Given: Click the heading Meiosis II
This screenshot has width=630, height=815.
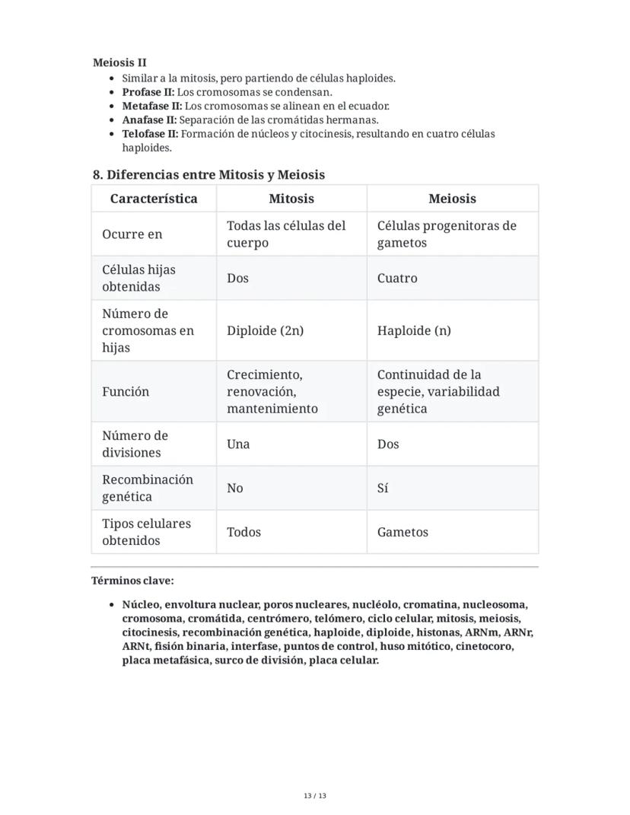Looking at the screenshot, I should click(x=119, y=62).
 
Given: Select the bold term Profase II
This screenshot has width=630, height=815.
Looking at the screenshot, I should click(x=148, y=92).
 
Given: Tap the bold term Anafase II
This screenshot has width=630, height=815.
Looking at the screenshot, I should click(x=149, y=119).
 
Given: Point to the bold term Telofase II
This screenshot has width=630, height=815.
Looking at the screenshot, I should click(x=151, y=133).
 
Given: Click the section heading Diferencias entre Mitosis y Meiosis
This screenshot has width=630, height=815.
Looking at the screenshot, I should click(x=208, y=174).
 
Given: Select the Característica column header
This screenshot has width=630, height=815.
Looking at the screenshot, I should click(x=154, y=199).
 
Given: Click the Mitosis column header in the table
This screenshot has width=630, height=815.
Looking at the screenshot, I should click(x=291, y=199).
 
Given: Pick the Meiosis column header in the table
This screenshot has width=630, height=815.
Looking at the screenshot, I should click(x=452, y=199).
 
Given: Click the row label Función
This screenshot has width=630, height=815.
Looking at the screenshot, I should click(x=126, y=391).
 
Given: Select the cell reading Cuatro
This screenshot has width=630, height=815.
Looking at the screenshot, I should click(x=397, y=278).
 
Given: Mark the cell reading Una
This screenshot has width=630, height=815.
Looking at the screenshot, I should click(x=238, y=444).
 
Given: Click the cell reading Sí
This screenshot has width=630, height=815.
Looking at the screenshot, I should click(x=383, y=488).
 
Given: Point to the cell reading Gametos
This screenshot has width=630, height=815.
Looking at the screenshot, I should click(x=402, y=532).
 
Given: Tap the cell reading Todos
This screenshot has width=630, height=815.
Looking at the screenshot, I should click(x=243, y=532).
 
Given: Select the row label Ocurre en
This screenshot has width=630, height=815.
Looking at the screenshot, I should click(x=132, y=234).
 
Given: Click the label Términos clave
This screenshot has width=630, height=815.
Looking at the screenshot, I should click(x=132, y=581).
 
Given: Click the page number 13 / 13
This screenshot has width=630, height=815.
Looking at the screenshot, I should click(x=315, y=796).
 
